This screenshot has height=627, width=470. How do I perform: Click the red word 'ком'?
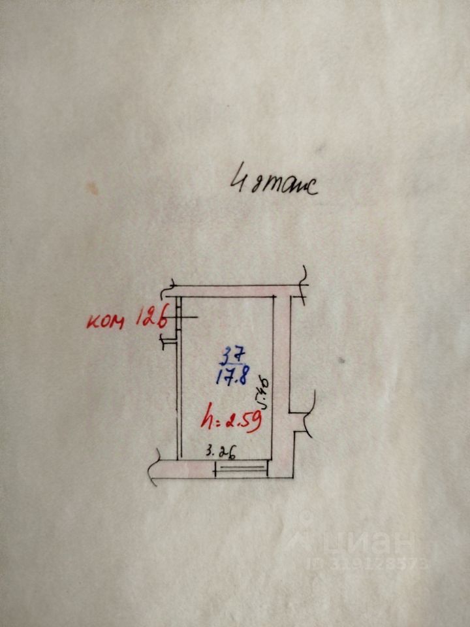pyautogui.click(x=108, y=321)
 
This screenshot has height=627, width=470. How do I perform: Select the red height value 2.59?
pyautogui.click(x=243, y=420)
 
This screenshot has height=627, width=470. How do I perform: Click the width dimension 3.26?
pyautogui.click(x=220, y=451)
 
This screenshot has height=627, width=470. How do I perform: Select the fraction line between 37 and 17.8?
pyautogui.click(x=232, y=364)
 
